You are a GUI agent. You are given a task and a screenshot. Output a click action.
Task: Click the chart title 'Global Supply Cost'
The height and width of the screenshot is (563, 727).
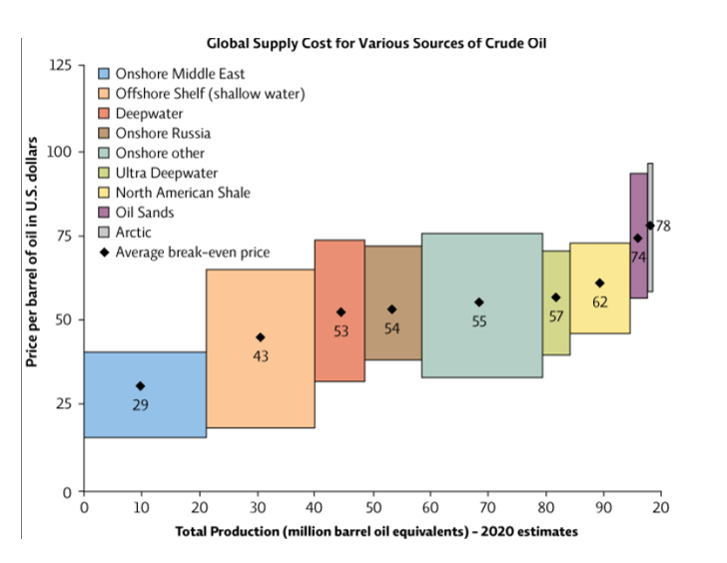[376, 43]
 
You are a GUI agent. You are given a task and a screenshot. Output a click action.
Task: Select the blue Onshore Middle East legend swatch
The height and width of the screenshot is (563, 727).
[104, 74]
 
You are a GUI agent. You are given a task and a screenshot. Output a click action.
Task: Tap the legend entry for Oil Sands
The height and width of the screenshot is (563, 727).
[144, 213]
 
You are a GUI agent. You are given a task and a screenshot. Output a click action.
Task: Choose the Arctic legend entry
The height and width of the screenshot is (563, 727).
[134, 233]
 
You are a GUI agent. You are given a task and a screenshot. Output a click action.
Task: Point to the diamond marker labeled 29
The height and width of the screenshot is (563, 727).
[141, 386]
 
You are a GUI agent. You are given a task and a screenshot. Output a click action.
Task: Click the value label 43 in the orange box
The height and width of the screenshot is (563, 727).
[261, 356]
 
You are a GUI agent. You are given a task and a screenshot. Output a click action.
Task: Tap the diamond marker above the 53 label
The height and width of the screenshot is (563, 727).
[341, 312]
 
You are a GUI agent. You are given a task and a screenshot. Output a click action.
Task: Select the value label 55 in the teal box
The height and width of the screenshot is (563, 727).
[478, 322]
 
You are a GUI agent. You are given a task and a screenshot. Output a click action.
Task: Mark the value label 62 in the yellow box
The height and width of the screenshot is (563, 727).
[599, 302]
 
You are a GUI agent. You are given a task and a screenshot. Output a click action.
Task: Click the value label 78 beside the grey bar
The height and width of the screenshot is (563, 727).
[663, 227]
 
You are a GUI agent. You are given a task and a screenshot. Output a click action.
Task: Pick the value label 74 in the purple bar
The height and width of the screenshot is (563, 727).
[638, 258]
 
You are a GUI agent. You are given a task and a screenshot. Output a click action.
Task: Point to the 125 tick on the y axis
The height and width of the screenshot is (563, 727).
[61, 65]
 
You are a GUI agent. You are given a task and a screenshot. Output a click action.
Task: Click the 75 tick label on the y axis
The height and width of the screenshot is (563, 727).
[65, 237]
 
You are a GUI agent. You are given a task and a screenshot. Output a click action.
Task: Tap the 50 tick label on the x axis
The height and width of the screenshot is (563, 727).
[372, 508]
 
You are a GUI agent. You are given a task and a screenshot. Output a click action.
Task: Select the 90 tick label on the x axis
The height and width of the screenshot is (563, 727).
[602, 508]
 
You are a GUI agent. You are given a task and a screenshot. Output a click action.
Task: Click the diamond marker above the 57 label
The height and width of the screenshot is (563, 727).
[556, 297]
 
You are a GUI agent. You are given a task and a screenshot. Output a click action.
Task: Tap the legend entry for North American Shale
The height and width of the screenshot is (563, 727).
[182, 193]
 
